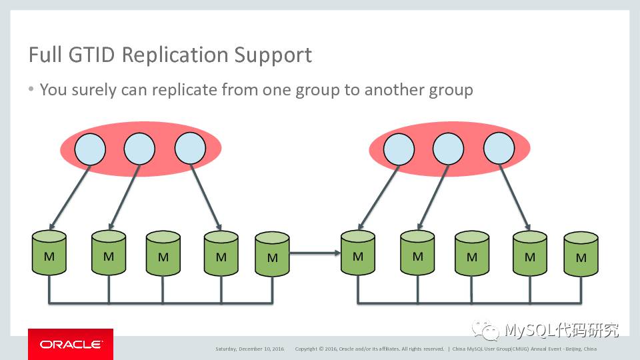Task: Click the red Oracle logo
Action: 71,344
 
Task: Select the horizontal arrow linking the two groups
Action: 315,253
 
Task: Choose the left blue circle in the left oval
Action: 90,149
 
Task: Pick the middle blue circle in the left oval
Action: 140,149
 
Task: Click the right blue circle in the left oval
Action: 190,149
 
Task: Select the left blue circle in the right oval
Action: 398,149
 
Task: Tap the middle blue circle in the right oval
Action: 448,149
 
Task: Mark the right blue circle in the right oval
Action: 499,149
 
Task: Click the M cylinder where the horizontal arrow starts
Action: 272,254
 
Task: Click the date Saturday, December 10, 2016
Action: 249,349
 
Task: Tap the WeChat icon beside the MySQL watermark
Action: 485,330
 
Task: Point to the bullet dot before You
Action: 31,89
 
